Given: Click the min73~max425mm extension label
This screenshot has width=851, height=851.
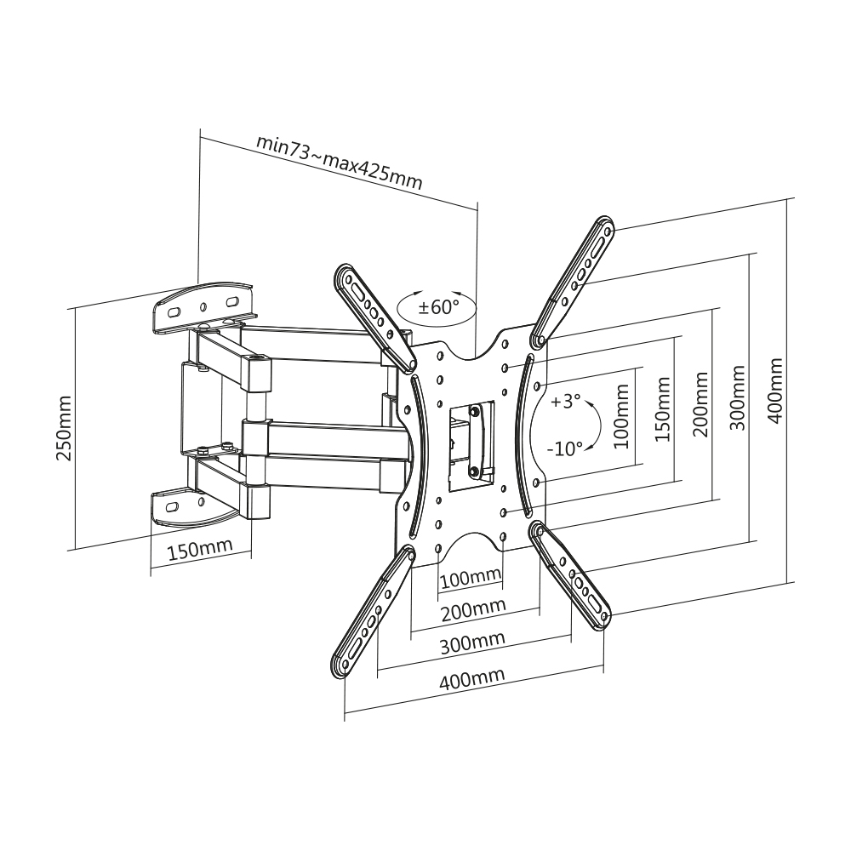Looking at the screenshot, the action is (x=340, y=161).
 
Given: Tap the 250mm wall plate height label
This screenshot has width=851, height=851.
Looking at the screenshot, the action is (x=64, y=428).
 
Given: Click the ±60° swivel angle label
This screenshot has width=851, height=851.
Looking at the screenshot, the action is (x=438, y=308).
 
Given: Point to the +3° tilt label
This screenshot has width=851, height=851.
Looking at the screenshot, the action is (x=566, y=402).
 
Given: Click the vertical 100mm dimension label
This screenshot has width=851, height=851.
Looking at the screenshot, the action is (x=622, y=416).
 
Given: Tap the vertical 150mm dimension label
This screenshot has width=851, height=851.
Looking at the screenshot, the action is (x=663, y=409).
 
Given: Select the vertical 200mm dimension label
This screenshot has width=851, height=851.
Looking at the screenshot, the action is (x=700, y=404).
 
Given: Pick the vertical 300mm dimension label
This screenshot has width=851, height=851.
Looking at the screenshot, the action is (x=737, y=397).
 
